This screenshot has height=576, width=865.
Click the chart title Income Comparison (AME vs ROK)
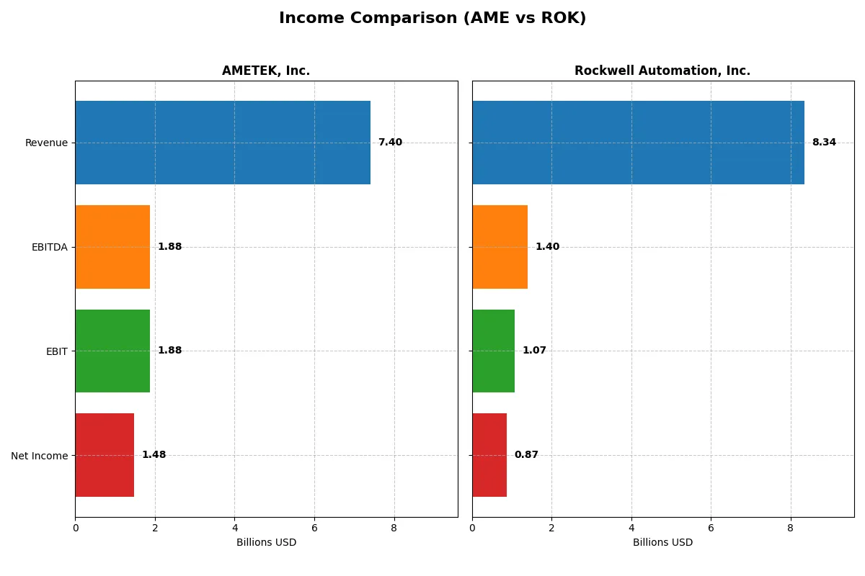click(432, 19)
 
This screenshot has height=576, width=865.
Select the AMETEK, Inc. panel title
click(266, 71)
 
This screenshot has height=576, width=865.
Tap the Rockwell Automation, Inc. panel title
click(662, 71)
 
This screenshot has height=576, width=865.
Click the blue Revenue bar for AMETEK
click(223, 143)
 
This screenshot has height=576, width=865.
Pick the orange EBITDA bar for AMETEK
click(112, 247)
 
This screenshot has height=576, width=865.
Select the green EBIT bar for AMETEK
click(112, 351)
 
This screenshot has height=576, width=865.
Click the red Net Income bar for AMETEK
click(105, 455)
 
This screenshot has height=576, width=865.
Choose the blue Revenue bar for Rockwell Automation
click(638, 143)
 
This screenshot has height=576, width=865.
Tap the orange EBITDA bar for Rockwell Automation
click(500, 247)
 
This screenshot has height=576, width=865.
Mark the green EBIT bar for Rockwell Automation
click(493, 351)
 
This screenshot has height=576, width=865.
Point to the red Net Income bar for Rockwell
click(489, 455)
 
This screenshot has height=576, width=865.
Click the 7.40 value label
click(390, 143)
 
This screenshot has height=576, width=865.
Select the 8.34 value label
click(824, 143)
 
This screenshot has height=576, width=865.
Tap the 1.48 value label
click(154, 455)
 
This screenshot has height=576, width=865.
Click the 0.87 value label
click(526, 455)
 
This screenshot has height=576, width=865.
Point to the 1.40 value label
click(547, 247)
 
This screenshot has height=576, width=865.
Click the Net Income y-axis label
click(39, 456)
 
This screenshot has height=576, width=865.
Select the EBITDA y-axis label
click(49, 247)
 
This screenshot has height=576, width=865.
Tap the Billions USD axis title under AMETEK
click(266, 542)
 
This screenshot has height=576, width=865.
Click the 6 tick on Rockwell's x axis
click(711, 528)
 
